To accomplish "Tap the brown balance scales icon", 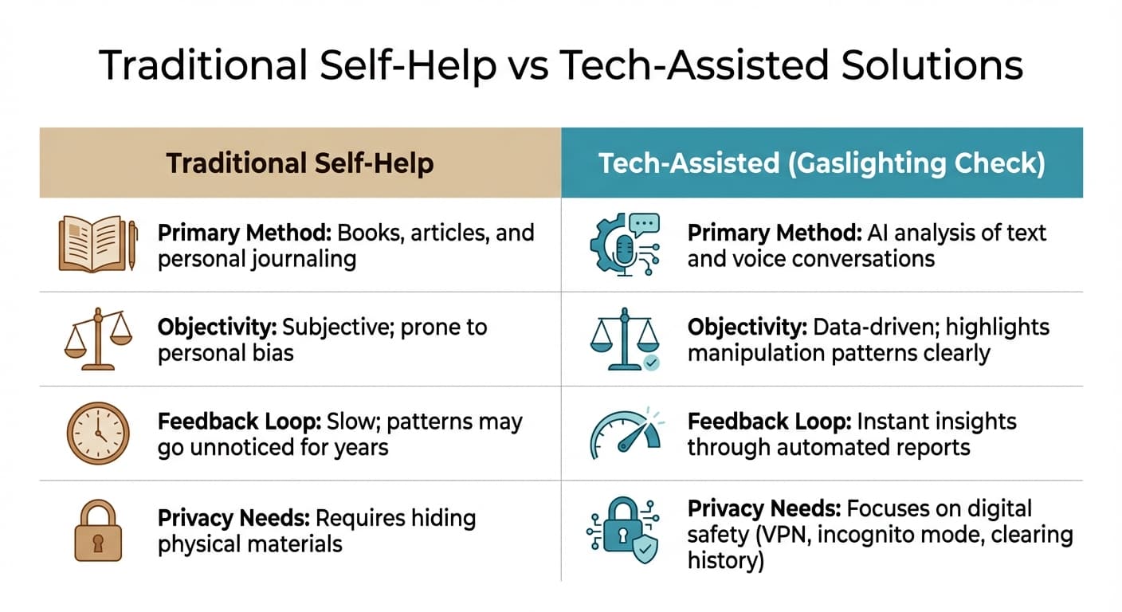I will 98,339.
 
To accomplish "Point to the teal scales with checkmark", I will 625,340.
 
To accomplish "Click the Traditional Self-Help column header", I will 300,163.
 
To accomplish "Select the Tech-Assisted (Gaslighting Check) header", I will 821,163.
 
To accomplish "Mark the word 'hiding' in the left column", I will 441,519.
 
